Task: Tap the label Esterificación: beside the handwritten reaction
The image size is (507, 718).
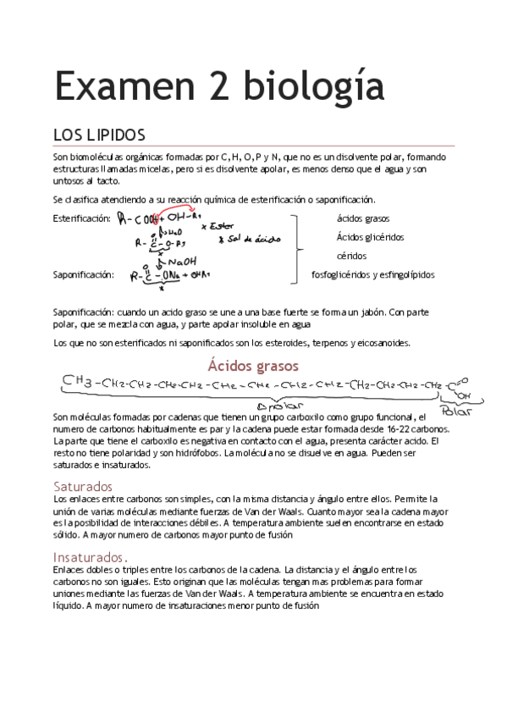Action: [81, 218]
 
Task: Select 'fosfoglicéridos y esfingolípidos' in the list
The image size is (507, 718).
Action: [372, 274]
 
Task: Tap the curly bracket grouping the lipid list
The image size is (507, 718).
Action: [296, 247]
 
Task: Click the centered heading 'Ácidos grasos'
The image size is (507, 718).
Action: [253, 366]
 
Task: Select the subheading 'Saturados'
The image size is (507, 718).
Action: [82, 487]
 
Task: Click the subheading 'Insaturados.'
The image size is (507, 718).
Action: [90, 557]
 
